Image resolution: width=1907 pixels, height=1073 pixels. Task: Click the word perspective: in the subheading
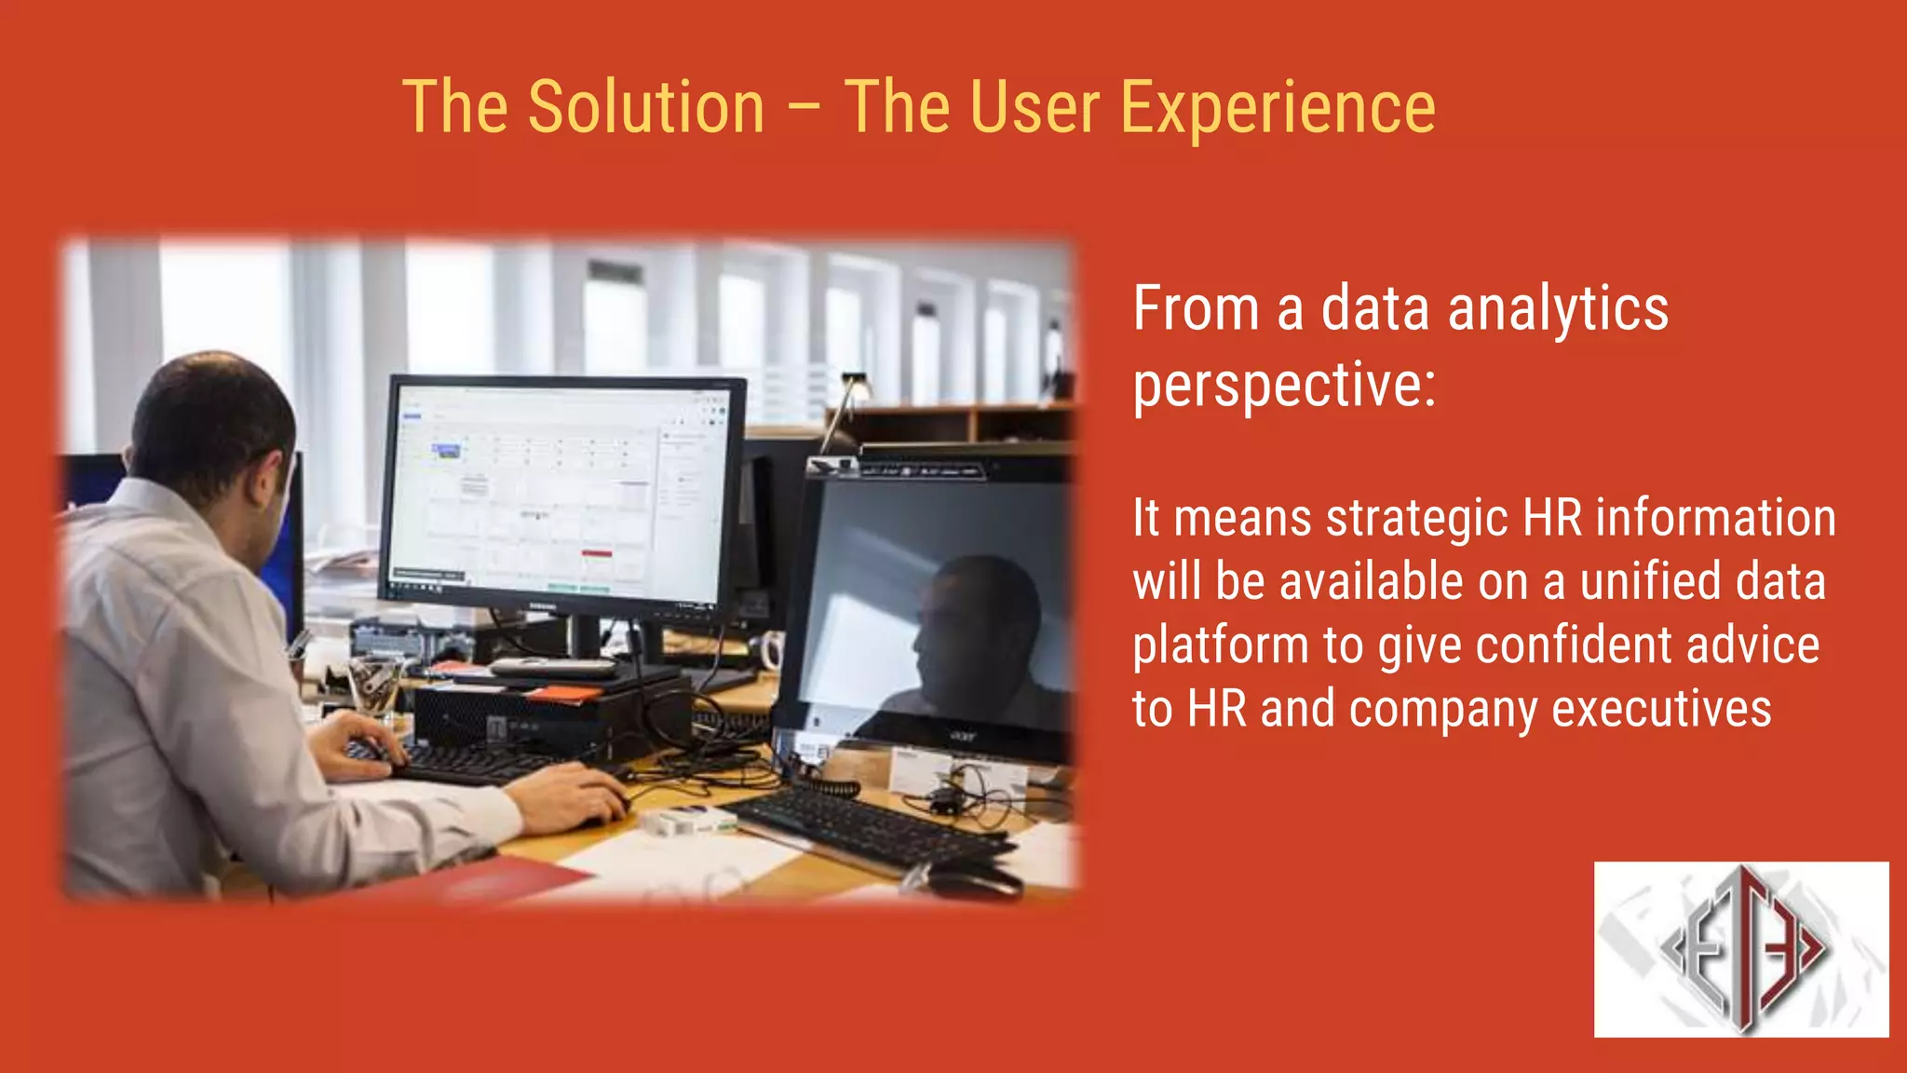pos(1284,386)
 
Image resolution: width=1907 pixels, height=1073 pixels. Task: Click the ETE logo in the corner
pos(1740,948)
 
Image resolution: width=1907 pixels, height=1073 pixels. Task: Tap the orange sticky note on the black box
pos(562,694)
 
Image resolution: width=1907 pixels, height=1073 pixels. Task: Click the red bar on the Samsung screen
pos(597,553)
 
